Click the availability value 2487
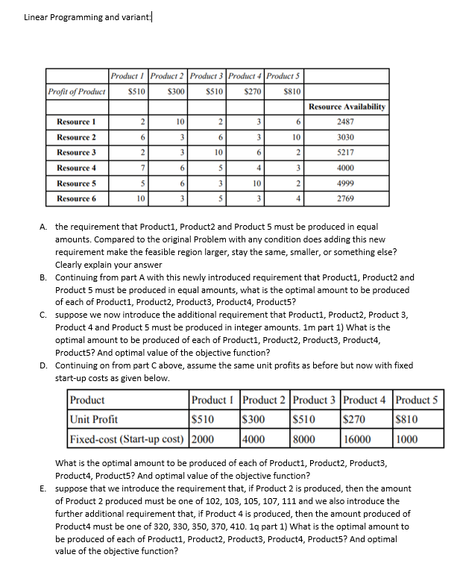(x=346, y=122)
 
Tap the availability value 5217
(x=346, y=153)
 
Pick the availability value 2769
(x=346, y=199)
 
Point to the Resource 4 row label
(x=77, y=169)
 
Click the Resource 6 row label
(x=77, y=199)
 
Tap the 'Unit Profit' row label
(x=93, y=419)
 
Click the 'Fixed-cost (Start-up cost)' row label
(x=126, y=438)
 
